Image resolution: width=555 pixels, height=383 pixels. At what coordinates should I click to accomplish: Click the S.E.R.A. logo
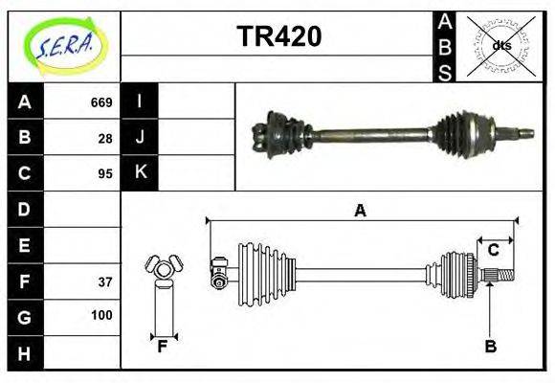point(63,45)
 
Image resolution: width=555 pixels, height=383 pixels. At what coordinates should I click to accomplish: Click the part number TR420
point(278,37)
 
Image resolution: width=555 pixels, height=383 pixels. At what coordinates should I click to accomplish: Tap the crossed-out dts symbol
point(499,45)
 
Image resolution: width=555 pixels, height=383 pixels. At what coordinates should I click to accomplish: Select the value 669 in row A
point(101,102)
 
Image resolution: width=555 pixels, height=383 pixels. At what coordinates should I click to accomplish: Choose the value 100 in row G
point(101,315)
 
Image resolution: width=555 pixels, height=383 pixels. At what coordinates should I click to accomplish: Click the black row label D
point(25,209)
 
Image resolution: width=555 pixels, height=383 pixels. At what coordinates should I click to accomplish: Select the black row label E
point(25,245)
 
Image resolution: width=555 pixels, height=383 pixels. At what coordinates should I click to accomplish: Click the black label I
point(141,102)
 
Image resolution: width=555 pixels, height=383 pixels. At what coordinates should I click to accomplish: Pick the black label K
point(141,173)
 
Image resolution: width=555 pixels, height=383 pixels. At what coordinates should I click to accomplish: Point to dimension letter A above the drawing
point(360,211)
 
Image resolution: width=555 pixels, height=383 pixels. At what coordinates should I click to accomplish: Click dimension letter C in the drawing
point(494,250)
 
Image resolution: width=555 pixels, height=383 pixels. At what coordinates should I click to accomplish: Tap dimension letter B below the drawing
point(490,348)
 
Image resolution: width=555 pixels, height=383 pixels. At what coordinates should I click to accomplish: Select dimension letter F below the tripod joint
point(163,347)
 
